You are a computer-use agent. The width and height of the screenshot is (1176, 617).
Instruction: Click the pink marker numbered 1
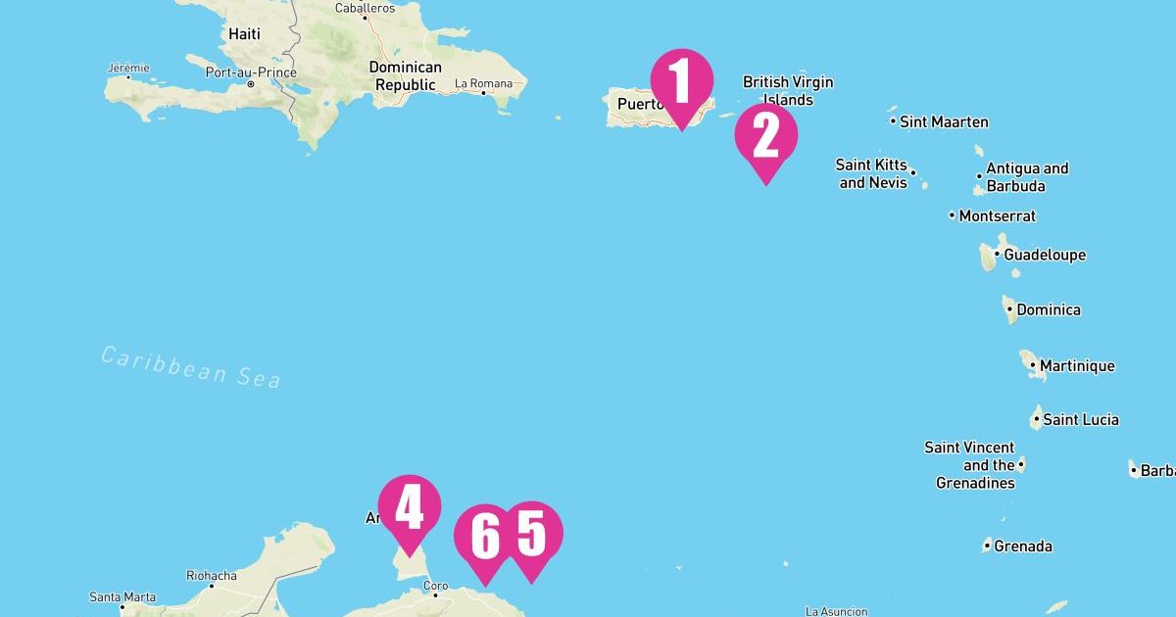click(x=681, y=82)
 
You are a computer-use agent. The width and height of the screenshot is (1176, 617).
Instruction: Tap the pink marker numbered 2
click(x=765, y=137)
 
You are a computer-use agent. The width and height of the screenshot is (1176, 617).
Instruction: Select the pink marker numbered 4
click(x=409, y=508)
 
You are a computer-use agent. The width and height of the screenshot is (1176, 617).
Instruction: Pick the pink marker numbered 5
click(x=530, y=535)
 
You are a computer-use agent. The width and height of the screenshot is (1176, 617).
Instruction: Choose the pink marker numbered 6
click(x=485, y=537)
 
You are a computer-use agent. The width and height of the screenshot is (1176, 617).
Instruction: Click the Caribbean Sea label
click(x=191, y=366)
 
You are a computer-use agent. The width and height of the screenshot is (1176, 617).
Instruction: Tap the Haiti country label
click(x=244, y=34)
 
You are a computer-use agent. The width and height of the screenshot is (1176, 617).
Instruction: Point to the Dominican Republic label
click(x=405, y=76)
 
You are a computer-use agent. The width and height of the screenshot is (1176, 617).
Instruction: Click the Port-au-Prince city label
click(x=251, y=72)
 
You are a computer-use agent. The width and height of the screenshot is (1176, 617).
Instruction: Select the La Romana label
click(x=484, y=83)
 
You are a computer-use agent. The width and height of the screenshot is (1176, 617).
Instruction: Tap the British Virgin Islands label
click(x=788, y=91)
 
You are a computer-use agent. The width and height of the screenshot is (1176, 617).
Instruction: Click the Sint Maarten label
click(x=944, y=122)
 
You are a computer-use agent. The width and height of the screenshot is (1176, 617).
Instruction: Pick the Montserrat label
click(x=997, y=215)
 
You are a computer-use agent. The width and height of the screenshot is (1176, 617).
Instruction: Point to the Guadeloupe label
click(x=1045, y=255)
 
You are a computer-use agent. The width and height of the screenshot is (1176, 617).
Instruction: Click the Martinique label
click(x=1077, y=366)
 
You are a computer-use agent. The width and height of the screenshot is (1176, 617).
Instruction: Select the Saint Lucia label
click(x=1080, y=419)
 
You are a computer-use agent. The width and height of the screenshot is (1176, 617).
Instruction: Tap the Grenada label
click(x=1023, y=546)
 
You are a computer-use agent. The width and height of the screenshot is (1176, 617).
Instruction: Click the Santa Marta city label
click(x=122, y=596)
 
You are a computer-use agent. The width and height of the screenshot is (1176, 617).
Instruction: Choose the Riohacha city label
click(x=211, y=576)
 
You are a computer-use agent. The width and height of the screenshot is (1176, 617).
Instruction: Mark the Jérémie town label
click(x=128, y=68)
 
